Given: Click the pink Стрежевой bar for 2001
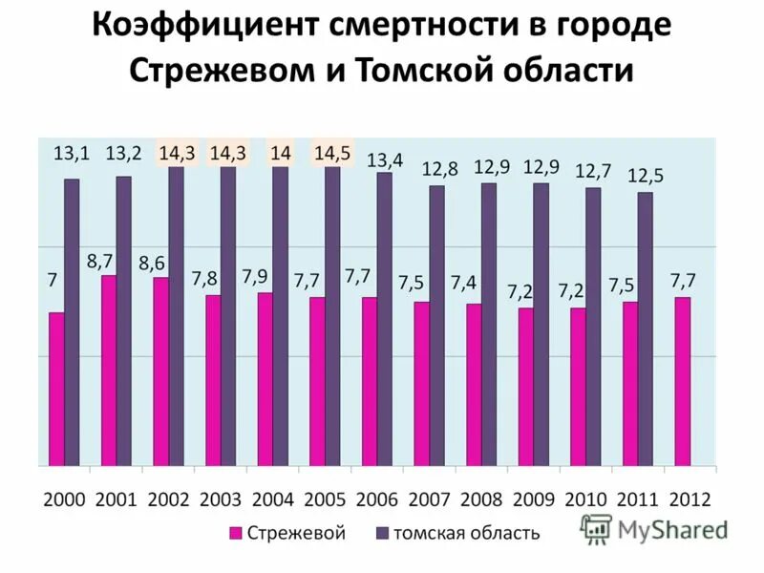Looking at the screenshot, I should [109, 371].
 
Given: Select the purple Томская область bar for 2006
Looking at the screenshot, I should [384, 319].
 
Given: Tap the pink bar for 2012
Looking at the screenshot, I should [682, 381].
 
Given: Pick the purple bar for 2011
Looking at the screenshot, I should [646, 329].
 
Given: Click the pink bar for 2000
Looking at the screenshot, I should [57, 389].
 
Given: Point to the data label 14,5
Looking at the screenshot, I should [331, 153].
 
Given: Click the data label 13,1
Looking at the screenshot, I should [71, 153].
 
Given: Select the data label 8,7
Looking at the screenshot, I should [100, 260].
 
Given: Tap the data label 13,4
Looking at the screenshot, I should [385, 159].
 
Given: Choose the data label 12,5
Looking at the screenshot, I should [646, 177].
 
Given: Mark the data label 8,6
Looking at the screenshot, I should [152, 263].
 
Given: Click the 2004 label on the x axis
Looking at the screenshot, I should [272, 499].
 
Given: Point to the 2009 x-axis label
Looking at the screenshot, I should [533, 499].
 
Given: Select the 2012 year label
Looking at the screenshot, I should [690, 499].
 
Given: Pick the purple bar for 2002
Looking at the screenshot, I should [176, 316].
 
